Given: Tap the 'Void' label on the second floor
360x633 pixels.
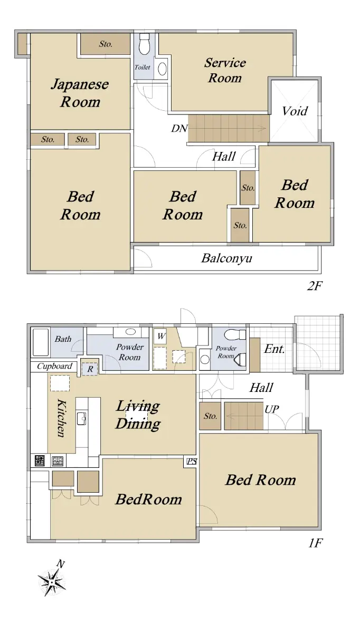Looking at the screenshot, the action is [x=295, y=111].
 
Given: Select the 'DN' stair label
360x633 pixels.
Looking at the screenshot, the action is [x=179, y=129].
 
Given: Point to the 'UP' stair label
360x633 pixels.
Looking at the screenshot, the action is [x=272, y=409].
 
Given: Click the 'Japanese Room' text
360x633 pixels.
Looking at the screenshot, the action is [x=80, y=93].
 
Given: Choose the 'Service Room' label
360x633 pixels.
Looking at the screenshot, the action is [x=225, y=70].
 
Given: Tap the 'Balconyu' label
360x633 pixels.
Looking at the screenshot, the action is [x=226, y=258].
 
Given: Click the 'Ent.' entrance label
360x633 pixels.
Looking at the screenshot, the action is [x=274, y=349].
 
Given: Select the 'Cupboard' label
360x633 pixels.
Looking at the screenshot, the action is [x=54, y=366].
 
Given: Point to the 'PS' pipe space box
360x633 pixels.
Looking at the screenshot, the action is [x=192, y=462].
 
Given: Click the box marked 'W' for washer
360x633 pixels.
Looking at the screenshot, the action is [x=160, y=337].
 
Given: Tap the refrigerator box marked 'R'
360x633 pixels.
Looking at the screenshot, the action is [x=90, y=369].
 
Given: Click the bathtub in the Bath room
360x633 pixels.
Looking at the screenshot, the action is [x=41, y=342].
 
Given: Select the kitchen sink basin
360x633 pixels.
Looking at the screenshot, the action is [x=81, y=418].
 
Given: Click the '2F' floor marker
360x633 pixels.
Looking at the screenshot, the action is [x=315, y=286].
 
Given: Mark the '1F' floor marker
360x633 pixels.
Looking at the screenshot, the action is [x=315, y=543].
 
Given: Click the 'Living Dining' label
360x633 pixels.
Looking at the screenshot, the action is [x=138, y=415].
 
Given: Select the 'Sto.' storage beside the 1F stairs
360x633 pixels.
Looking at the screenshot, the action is [x=210, y=416].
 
